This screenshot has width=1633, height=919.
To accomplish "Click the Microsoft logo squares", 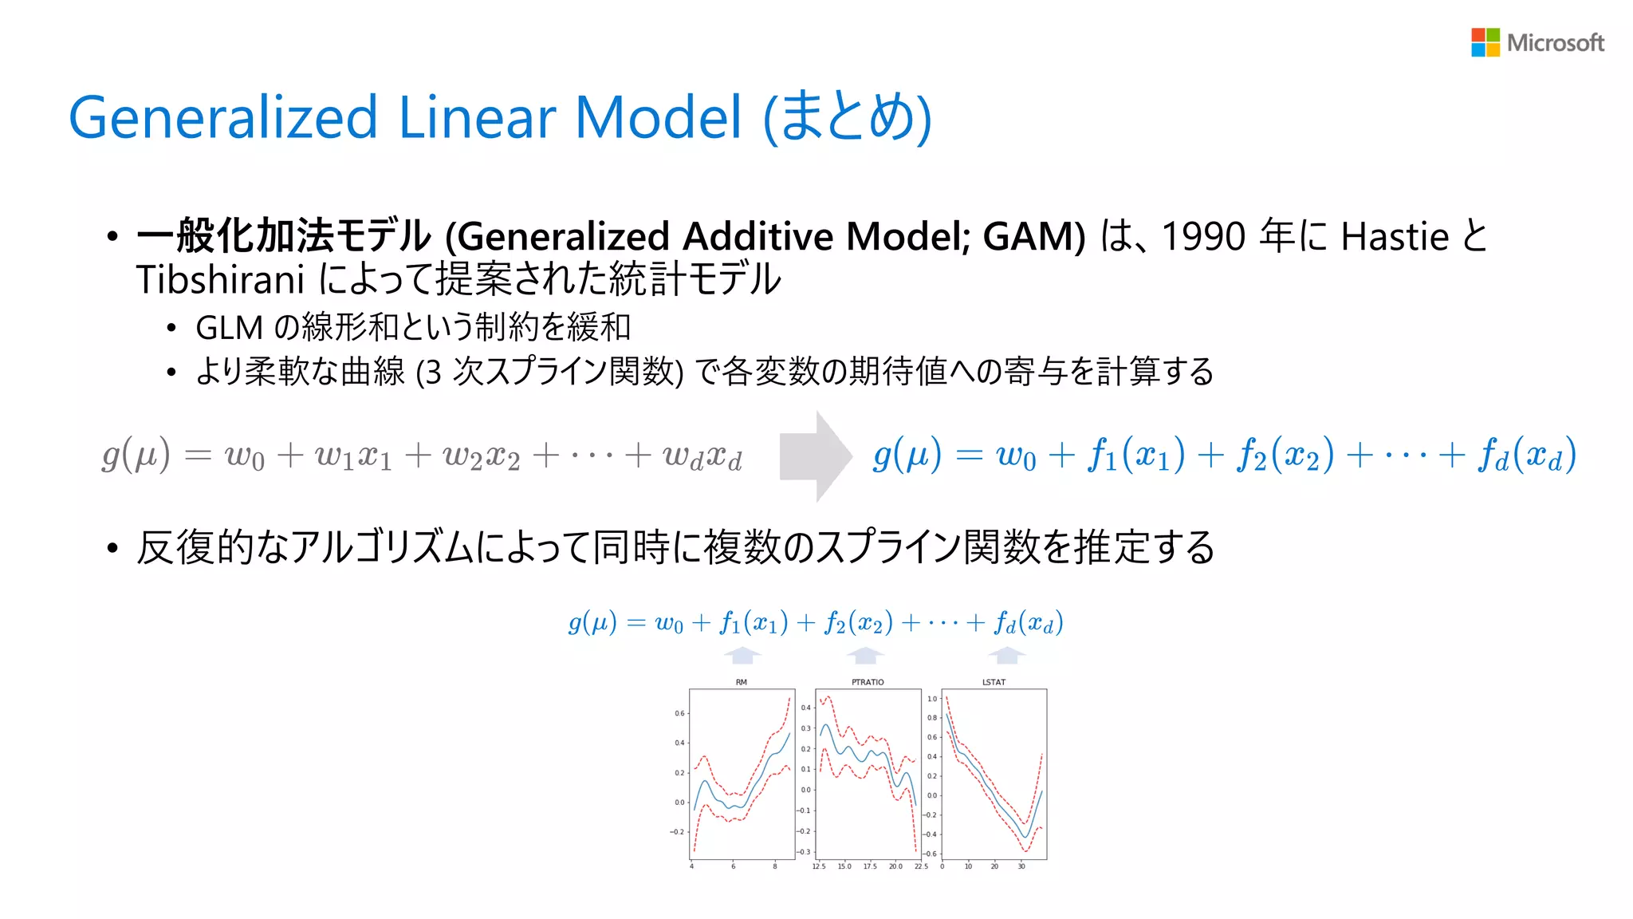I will click(1485, 42).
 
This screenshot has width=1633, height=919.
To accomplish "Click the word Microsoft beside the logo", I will click(1555, 43).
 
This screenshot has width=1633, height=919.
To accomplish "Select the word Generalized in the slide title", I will click(222, 118).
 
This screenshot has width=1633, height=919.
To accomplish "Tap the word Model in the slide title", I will click(659, 117).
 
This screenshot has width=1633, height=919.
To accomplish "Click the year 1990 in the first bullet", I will click(1202, 237).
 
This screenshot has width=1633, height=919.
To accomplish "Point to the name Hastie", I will click(1395, 237).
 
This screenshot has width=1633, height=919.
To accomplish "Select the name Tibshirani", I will click(220, 280).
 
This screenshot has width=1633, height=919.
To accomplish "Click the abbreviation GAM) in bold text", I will click(1033, 237).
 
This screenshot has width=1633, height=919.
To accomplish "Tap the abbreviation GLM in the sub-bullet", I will click(229, 328).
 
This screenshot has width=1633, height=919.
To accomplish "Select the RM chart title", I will click(742, 682).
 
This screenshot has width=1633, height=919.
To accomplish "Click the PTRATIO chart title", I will click(868, 682).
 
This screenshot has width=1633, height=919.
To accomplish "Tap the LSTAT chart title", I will click(994, 682).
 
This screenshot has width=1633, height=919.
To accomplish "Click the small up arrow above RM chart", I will click(742, 656).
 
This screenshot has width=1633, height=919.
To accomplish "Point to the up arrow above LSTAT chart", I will click(1007, 656).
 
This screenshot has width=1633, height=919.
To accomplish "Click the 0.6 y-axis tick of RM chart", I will click(679, 713).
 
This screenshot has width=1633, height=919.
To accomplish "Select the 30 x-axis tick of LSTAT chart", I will click(1021, 866).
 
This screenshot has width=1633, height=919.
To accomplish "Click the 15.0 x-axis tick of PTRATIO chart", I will click(844, 866).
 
